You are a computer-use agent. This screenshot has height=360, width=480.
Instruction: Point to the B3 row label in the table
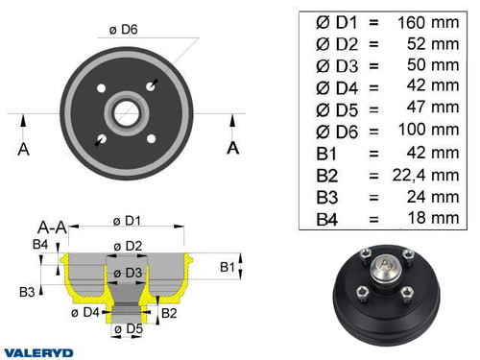[326, 197]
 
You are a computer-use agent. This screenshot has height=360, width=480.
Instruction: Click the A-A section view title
[52, 228]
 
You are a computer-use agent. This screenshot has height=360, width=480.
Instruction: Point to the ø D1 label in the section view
[126, 219]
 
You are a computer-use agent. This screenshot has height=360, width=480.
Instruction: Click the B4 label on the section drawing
[39, 246]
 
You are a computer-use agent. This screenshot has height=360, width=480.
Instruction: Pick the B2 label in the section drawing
[168, 313]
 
